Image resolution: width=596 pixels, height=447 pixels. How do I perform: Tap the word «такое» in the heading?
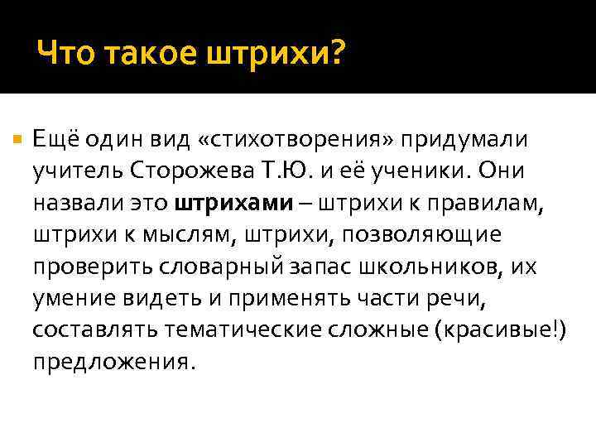146,55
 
